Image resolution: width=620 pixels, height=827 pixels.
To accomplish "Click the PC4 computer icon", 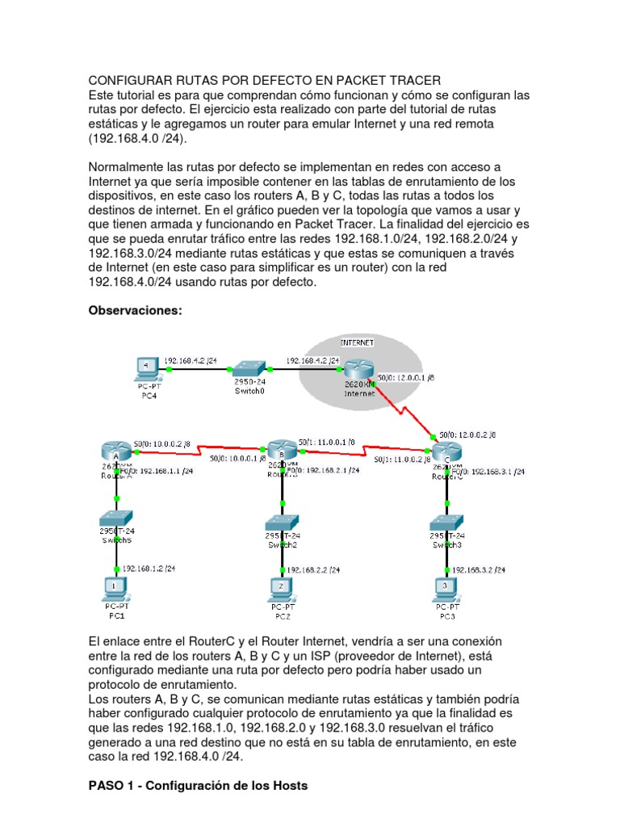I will (x=146, y=368).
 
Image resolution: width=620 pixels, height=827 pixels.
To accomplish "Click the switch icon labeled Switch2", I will (x=283, y=521).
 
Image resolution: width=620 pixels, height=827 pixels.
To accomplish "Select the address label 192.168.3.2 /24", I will (x=480, y=569).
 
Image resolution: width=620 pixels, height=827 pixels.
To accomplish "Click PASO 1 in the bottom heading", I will (x=111, y=785).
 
